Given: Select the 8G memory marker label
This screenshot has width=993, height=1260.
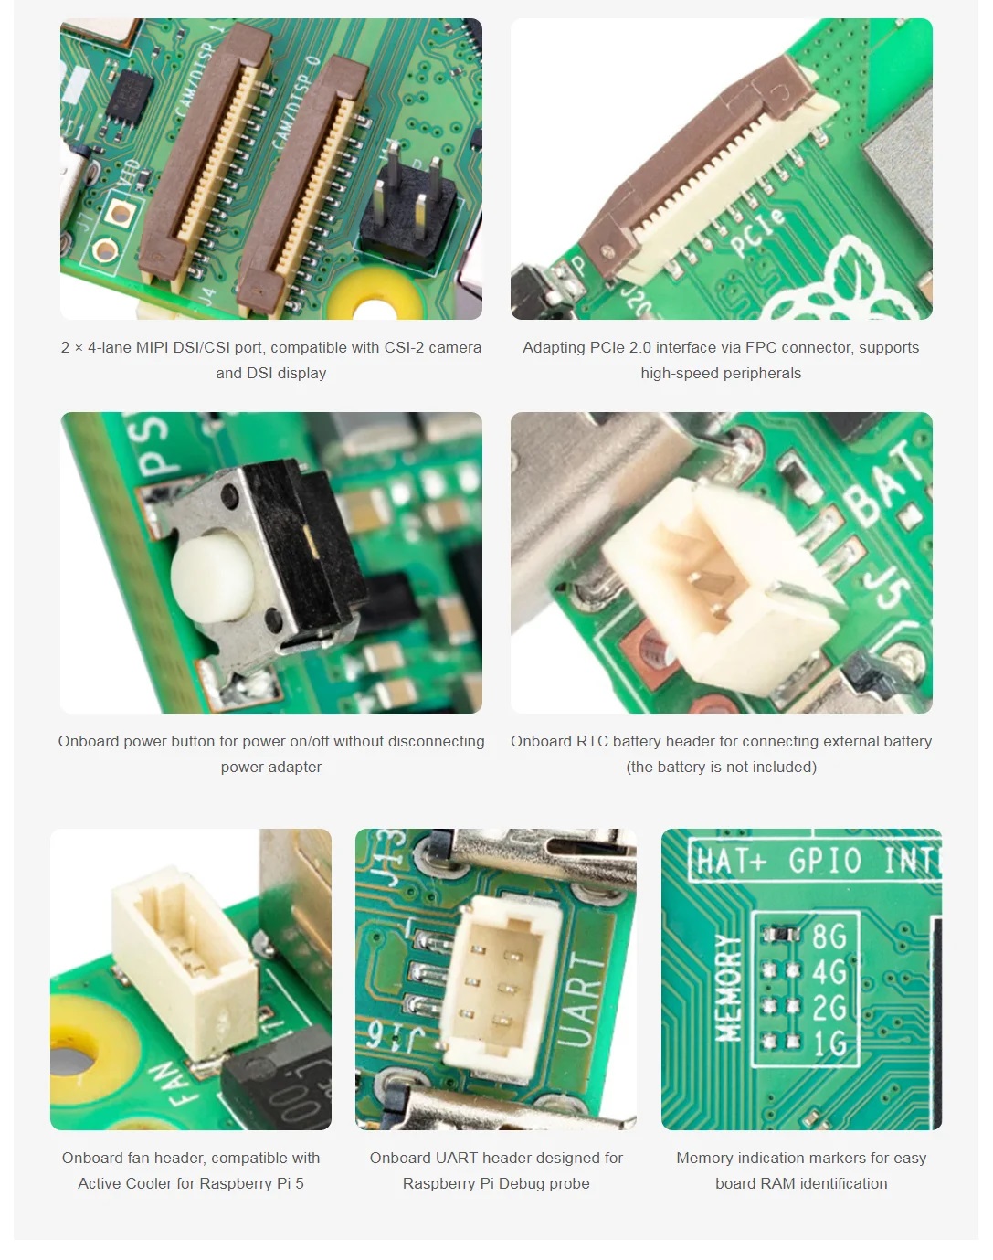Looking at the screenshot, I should coord(829,937).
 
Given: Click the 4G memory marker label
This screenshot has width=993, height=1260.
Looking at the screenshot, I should coord(829,971).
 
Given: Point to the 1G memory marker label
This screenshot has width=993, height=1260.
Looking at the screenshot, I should coord(829,1043).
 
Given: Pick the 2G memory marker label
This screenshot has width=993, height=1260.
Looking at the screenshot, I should coord(829,1007).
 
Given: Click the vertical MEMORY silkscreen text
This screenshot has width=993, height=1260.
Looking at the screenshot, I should coord(728,988).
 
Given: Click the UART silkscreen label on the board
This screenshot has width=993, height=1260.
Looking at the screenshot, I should coord(581,1000).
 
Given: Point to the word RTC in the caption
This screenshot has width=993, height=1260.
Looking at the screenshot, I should coord(592,742).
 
